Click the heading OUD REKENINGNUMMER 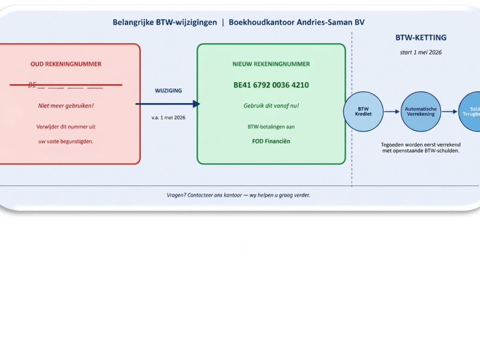[x=66, y=64]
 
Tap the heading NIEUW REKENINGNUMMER [x=271, y=64]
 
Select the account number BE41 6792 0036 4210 [x=271, y=85]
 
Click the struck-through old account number [x=66, y=85]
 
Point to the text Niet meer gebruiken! [x=66, y=106]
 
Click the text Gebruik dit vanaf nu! [x=271, y=106]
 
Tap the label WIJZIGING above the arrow [x=168, y=91]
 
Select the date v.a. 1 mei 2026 [x=168, y=118]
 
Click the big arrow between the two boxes [x=168, y=104]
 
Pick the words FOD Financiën [x=271, y=142]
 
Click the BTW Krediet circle [x=363, y=112]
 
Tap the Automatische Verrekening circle [x=421, y=112]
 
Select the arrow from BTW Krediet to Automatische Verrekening [x=392, y=112]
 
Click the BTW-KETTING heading [x=421, y=38]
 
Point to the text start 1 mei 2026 [x=421, y=52]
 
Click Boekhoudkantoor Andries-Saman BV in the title [x=296, y=22]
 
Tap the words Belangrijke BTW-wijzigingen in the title [x=165, y=22]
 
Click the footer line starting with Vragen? [x=238, y=196]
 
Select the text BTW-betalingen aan [x=271, y=127]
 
